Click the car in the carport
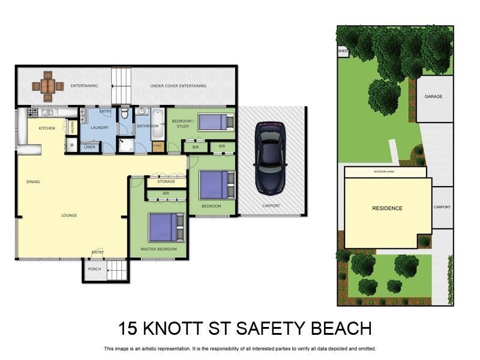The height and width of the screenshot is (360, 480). coord(271,158)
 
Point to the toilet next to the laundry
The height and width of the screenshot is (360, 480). coord(124,113)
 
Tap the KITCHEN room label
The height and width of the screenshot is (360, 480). coord(47,128)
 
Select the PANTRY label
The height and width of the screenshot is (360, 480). coord(72,127)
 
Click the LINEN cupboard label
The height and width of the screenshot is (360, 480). coord(89,146)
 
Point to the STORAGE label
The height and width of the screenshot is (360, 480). coord(166,181)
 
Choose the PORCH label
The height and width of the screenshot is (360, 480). coord(94,269)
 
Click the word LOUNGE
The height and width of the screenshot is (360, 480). coord(69,215)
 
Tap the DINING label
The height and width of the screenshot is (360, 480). coord(33,181)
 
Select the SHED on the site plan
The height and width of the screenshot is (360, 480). coord(343,52)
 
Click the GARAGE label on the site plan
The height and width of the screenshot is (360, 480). coord(433,96)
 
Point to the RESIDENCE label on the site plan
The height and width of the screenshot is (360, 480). coord(387,208)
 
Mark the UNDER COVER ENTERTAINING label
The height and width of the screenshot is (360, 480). coord(178,86)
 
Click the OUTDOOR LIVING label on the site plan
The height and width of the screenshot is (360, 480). coord(385,172)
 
